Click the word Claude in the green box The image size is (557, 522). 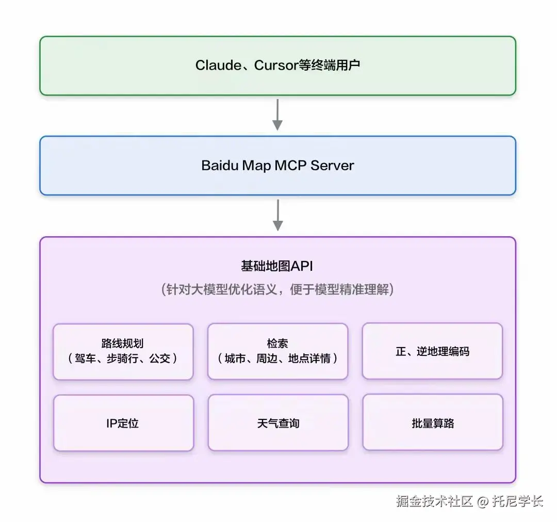click(x=218, y=66)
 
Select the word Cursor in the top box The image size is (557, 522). click(x=276, y=66)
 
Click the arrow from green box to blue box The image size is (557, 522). click(x=277, y=115)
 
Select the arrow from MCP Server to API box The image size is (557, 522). click(x=277, y=215)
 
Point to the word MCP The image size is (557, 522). click(x=291, y=166)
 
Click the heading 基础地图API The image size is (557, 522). click(x=277, y=266)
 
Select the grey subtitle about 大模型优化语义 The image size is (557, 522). click(x=277, y=289)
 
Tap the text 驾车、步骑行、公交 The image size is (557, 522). click(x=123, y=358)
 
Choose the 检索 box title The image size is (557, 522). click(x=277, y=344)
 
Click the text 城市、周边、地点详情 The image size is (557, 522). click(x=277, y=358)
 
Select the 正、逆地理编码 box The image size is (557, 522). click(x=432, y=352)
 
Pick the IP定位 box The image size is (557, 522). click(x=123, y=423)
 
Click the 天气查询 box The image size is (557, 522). click(x=277, y=423)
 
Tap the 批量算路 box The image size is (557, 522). click(x=432, y=423)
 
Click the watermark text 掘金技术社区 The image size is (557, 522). click(x=434, y=501)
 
